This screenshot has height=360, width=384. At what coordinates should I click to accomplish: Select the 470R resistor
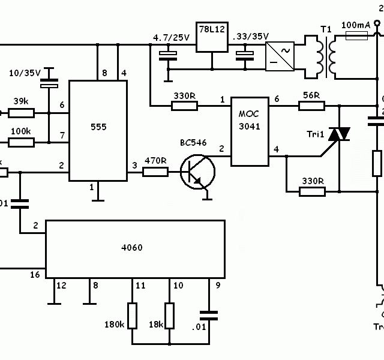click(x=155, y=172)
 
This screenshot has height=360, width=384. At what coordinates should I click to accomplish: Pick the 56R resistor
click(x=312, y=106)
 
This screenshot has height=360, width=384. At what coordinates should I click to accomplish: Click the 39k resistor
click(x=22, y=112)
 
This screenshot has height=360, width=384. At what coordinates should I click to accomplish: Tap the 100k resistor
click(x=22, y=142)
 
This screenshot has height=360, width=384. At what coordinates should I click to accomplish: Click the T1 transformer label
click(x=325, y=29)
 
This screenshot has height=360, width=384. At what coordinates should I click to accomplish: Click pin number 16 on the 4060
click(x=35, y=274)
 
